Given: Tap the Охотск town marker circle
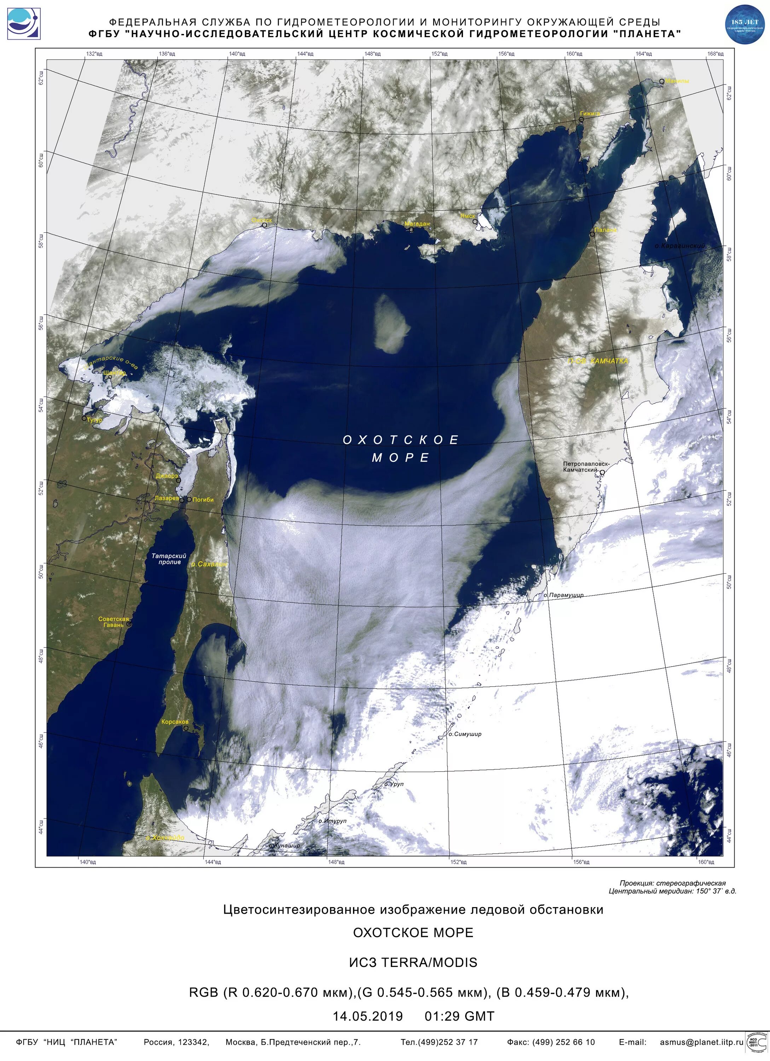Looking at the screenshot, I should coord(264,225).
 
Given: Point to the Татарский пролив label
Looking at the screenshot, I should coord(169,558).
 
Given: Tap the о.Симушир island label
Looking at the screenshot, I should coord(464,734).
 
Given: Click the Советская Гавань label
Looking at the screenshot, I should coord(113,622).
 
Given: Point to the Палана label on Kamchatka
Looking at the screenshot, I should coord(606,230).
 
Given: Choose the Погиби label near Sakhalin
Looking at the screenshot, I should coord(203,500).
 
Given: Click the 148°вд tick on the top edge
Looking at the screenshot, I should coord(372,54).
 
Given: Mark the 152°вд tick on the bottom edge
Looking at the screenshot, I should coord(458,862).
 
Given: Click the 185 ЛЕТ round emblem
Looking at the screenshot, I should coord(744,25).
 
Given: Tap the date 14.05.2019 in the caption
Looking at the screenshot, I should coord(368,1016).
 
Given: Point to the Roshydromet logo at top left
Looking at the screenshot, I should coord(23,23).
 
